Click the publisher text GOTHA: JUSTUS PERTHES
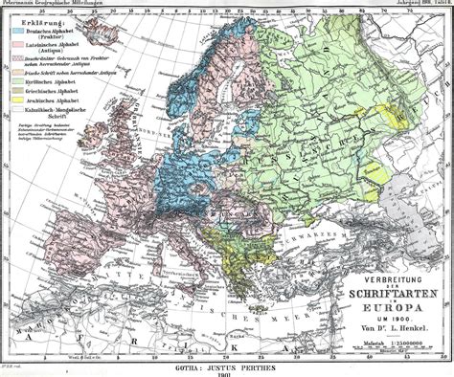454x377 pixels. coord(227,366)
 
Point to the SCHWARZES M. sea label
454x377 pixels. coord(326,235)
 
